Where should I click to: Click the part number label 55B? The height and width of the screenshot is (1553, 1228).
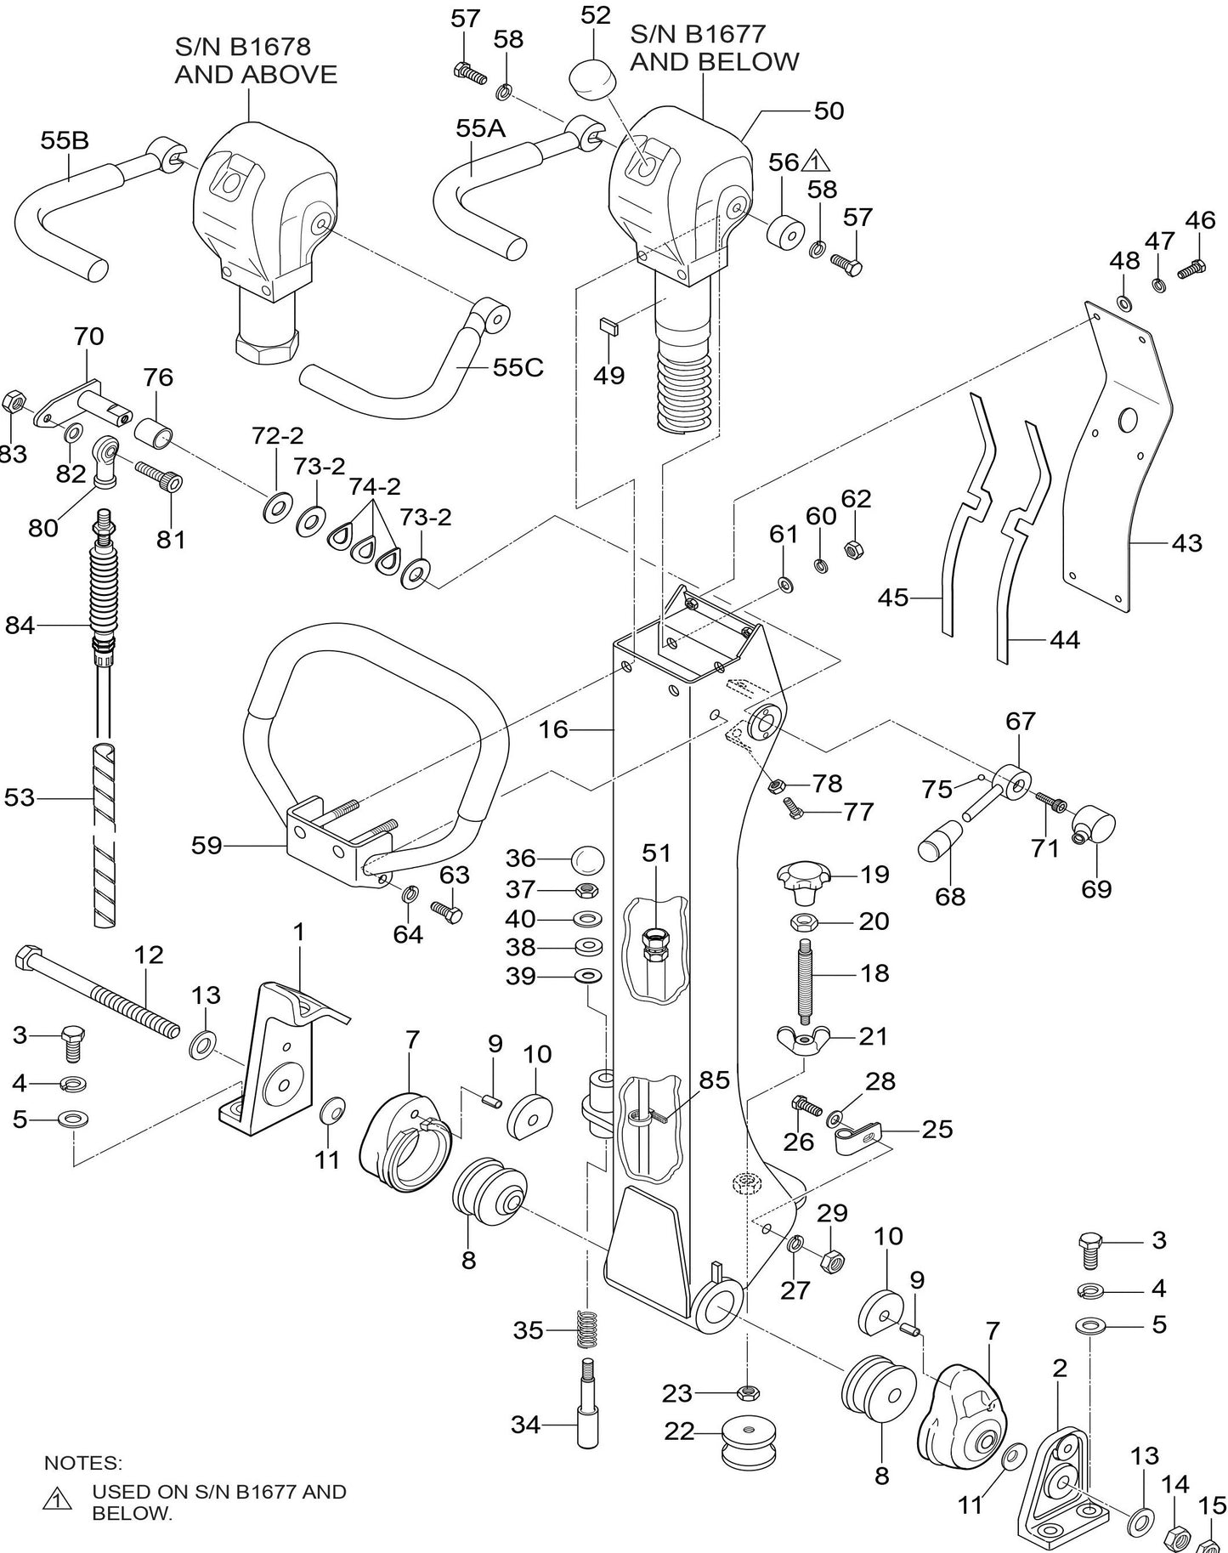(x=64, y=140)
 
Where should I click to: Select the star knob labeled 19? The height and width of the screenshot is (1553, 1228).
(x=803, y=881)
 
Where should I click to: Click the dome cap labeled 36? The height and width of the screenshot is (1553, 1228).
(x=586, y=859)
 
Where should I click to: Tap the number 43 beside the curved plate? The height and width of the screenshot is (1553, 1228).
(x=1186, y=542)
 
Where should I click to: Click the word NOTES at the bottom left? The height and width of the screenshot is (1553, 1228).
(x=82, y=1463)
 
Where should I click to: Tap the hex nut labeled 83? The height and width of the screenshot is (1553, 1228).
(x=13, y=400)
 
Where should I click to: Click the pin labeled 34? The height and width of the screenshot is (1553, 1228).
(x=588, y=1412)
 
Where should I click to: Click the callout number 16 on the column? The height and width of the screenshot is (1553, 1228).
(x=553, y=728)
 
